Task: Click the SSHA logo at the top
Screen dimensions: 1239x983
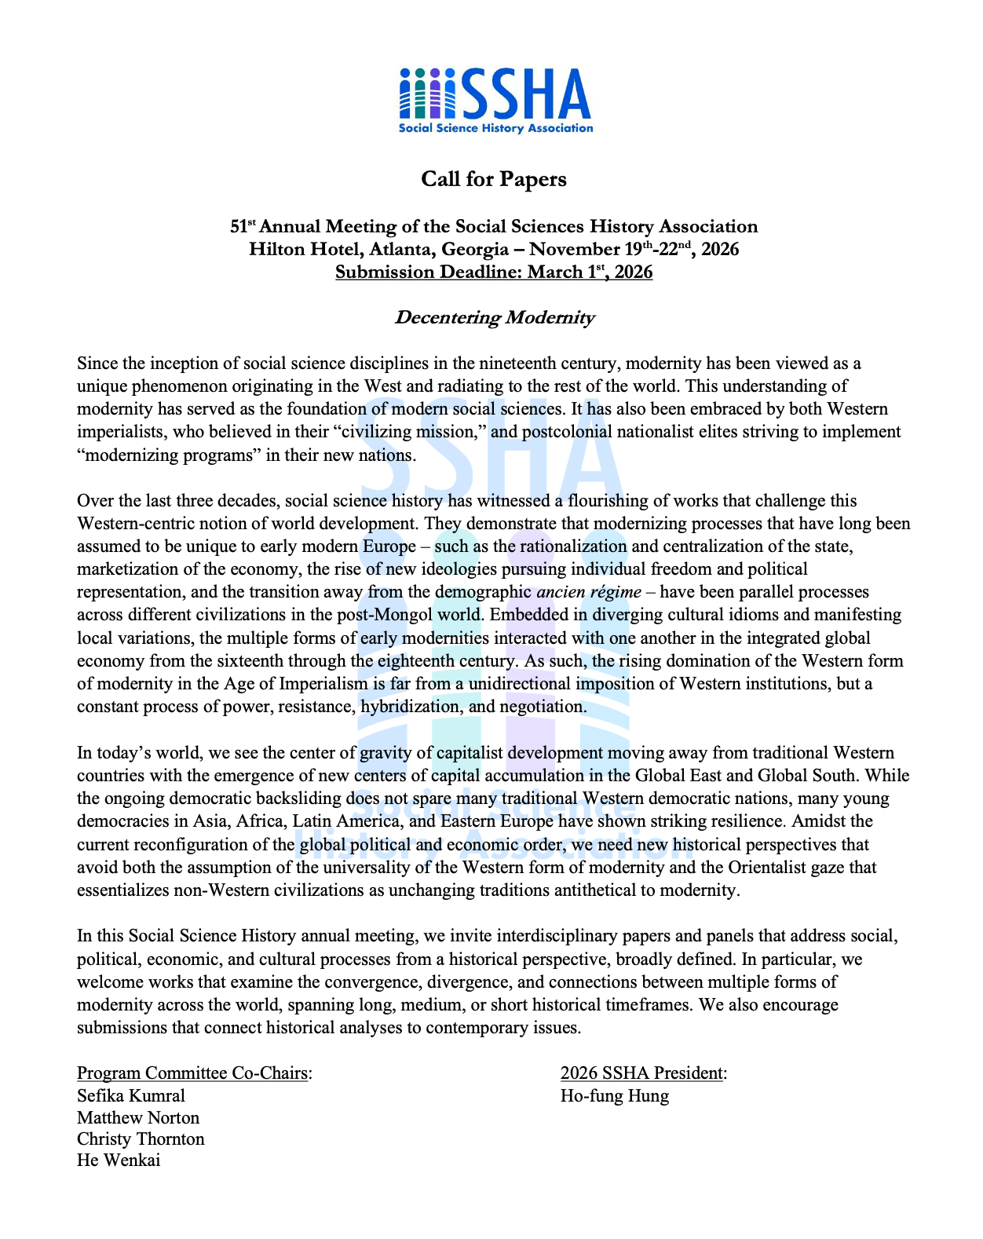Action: pos(495,101)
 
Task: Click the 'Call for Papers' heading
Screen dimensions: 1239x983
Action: pos(493,179)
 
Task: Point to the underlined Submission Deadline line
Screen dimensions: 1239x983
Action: pos(493,272)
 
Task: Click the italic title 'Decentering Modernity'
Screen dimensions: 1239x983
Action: pos(494,317)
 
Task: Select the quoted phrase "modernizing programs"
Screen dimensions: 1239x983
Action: pos(168,455)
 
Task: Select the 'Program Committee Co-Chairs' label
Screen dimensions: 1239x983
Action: pos(192,1073)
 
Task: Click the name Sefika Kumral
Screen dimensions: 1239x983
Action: pos(131,1096)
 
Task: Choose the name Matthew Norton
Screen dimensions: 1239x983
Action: pos(138,1118)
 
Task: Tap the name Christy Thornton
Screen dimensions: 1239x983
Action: pos(141,1139)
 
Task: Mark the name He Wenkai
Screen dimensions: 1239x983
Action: pos(119,1160)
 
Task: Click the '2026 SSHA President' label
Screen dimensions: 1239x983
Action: pos(642,1073)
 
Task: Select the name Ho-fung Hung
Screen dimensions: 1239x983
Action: pos(614,1096)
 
